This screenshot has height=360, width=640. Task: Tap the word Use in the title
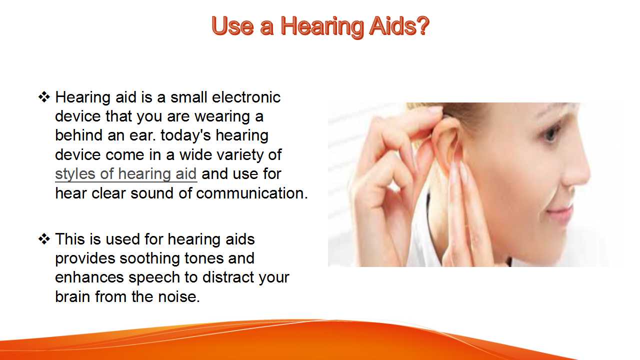click(232, 26)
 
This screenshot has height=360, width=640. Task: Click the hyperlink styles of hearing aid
click(126, 174)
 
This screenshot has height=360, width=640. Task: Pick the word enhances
click(89, 277)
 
